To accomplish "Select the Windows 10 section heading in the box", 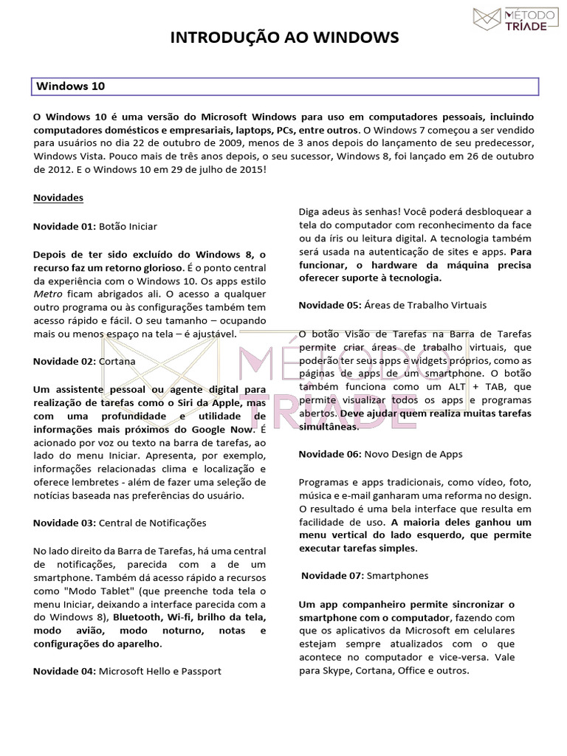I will point(71,86).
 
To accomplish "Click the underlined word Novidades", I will point(58,198).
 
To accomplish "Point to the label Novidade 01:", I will point(64,226).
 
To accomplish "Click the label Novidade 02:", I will point(64,361).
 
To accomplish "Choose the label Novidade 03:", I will point(64,523).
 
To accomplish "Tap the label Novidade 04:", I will point(64,671).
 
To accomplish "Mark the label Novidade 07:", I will point(332,574).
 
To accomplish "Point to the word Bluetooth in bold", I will point(138,617).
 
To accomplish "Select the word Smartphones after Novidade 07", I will point(397,574).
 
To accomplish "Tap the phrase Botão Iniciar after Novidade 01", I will point(128,226).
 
